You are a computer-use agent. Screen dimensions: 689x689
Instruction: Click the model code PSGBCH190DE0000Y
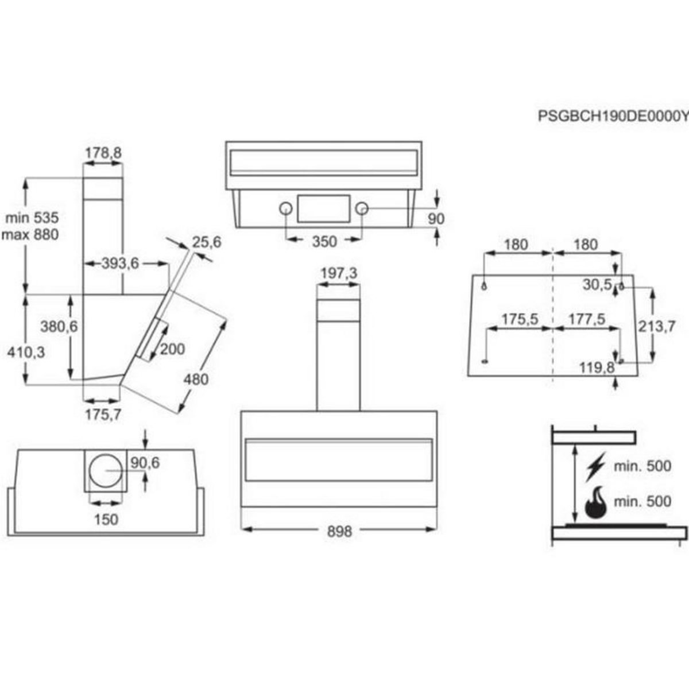(613, 116)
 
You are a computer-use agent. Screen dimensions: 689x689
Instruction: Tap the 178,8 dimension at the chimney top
(103, 153)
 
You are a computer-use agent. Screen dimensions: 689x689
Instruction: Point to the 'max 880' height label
(31, 235)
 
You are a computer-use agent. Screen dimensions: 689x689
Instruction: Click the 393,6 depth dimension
(121, 264)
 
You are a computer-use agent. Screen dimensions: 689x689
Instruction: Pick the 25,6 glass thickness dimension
(207, 242)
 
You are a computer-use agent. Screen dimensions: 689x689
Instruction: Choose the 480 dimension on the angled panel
(196, 380)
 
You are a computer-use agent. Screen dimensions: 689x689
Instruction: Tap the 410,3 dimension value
(26, 353)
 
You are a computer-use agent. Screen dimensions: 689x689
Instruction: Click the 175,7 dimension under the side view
(103, 415)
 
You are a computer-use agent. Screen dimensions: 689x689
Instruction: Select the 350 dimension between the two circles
(324, 242)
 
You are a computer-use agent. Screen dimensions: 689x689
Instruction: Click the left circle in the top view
(285, 209)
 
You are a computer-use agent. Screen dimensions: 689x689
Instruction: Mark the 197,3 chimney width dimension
(338, 274)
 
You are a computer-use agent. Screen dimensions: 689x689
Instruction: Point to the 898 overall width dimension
(339, 532)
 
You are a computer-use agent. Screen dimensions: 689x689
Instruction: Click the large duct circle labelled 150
(106, 471)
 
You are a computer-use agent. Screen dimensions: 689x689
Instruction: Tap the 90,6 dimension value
(145, 463)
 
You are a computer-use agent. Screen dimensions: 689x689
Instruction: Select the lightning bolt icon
(595, 467)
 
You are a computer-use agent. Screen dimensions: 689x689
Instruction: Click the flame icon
(596, 503)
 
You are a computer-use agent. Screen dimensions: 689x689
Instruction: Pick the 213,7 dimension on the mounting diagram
(657, 326)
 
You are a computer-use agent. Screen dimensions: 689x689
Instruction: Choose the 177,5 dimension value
(586, 319)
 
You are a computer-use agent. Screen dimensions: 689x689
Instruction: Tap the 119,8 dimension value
(597, 367)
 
